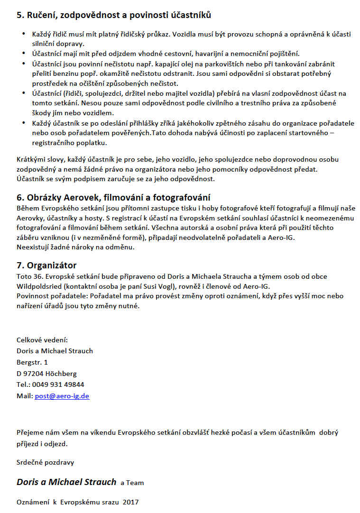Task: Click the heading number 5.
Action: coord(20,15)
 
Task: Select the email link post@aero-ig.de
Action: coord(62,396)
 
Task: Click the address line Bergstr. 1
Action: coord(32,362)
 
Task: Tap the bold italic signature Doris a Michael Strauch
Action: coord(66,482)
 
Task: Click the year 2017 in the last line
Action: coord(130,502)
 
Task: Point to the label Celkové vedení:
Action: coord(42,340)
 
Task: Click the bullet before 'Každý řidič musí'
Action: coord(25,35)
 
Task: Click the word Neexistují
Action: coord(34,247)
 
